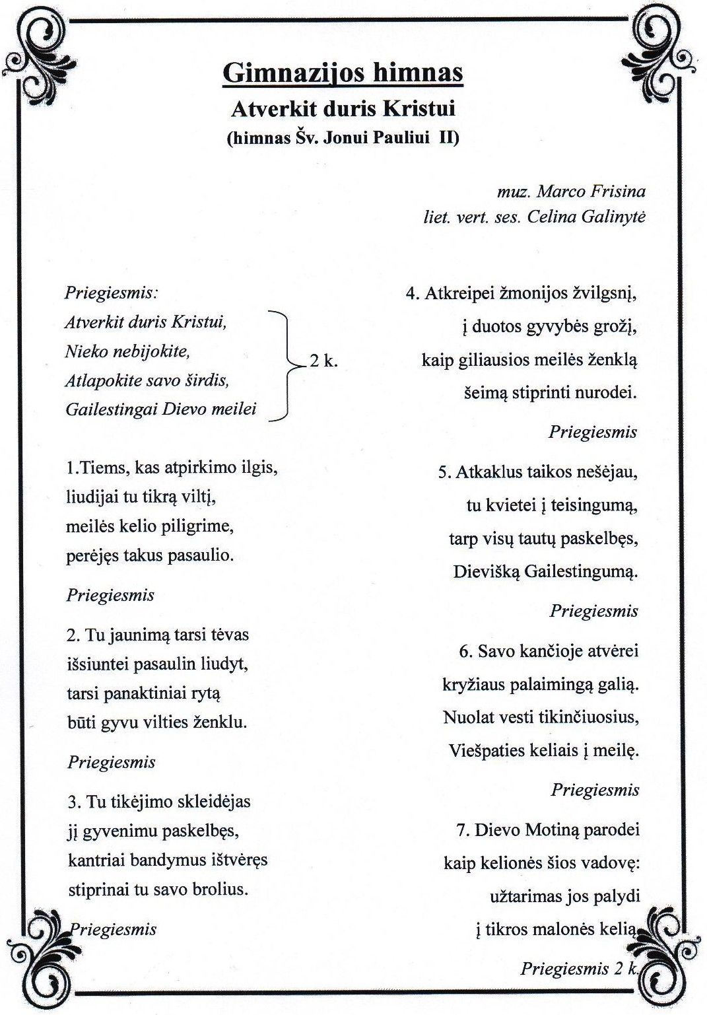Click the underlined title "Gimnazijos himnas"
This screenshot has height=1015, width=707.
tap(343, 73)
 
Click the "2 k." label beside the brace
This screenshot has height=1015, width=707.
tap(323, 361)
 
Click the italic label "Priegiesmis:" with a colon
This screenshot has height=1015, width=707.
tap(112, 293)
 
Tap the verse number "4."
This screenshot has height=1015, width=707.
tap(413, 293)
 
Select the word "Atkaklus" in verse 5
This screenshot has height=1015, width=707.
tap(487, 472)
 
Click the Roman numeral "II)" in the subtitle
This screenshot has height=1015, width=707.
tap(449, 137)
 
